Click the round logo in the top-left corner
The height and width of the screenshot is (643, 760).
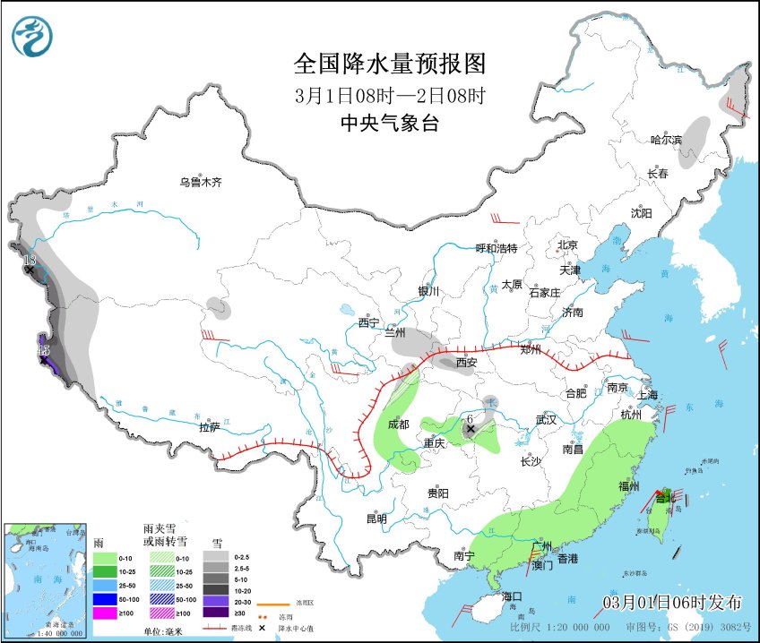[x=32, y=37]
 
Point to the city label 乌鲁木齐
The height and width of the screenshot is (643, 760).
[x=199, y=182]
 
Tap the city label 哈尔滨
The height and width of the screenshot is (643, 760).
[x=666, y=140]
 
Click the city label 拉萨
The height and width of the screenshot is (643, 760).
[x=209, y=427]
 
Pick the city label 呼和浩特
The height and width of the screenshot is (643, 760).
[x=496, y=248]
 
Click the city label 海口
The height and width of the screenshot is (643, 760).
[x=512, y=596]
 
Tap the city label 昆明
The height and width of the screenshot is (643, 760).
[x=376, y=519]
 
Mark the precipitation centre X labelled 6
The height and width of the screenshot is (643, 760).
[x=470, y=429]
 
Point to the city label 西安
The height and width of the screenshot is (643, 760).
[x=466, y=363]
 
